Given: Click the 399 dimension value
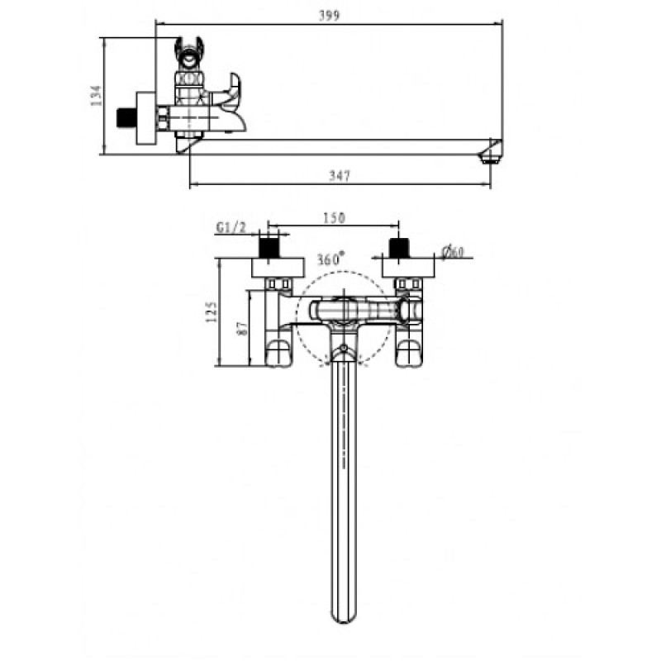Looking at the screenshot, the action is pyautogui.click(x=329, y=16).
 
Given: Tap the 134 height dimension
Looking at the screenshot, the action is pyautogui.click(x=97, y=95).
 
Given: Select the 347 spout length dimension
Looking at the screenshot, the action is pyautogui.click(x=340, y=175).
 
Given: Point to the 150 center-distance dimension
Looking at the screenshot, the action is pyautogui.click(x=334, y=218).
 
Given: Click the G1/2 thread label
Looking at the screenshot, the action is pyautogui.click(x=231, y=228).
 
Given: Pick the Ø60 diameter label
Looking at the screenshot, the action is pyautogui.click(x=452, y=252).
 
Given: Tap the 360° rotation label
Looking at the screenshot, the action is pyautogui.click(x=330, y=259).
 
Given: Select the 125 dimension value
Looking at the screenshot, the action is pyautogui.click(x=212, y=312).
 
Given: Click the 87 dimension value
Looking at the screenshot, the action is pyautogui.click(x=242, y=329).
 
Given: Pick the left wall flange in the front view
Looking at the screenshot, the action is pyautogui.click(x=278, y=268).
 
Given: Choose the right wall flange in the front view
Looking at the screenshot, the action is pyautogui.click(x=408, y=268).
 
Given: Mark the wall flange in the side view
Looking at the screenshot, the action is pyautogui.click(x=146, y=118).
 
